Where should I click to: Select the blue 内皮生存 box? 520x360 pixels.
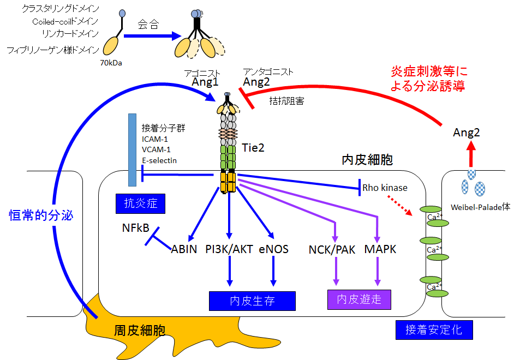tap(252, 301)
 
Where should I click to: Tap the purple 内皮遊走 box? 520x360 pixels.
tap(359, 299)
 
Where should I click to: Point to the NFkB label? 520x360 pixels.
tap(136, 229)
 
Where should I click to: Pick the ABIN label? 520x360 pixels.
tap(184, 250)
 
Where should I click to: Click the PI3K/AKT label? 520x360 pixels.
tap(229, 250)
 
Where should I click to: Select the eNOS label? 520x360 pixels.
tap(273, 250)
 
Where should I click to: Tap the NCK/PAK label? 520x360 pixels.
tap(332, 250)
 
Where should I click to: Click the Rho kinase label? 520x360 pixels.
tap(385, 188)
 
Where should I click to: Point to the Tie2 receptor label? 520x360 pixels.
tap(253, 147)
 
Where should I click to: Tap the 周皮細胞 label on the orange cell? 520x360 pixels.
tap(140, 330)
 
